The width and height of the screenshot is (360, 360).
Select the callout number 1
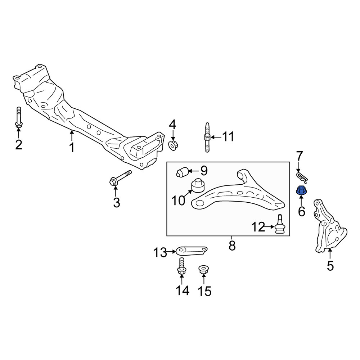(72, 147)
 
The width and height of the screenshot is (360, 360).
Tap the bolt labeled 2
(19, 117)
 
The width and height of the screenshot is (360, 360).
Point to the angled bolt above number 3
(120, 178)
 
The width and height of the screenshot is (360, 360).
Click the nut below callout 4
(173, 145)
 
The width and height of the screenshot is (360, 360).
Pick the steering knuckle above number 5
(329, 226)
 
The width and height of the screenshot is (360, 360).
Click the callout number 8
(232, 246)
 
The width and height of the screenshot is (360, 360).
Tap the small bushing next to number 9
(182, 172)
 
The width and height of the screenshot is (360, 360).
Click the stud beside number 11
(207, 137)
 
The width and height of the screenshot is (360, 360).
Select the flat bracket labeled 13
(192, 251)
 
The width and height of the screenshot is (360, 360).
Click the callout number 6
(301, 211)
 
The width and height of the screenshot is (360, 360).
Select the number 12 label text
(258, 227)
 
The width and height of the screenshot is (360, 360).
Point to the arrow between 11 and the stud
(216, 137)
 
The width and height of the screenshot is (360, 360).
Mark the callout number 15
(204, 291)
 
